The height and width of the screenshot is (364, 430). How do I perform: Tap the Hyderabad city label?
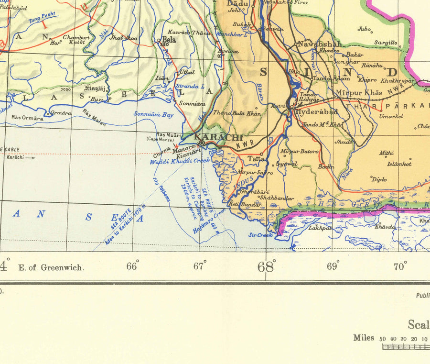tap(317, 111)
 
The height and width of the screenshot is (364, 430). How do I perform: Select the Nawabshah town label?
tap(313, 44)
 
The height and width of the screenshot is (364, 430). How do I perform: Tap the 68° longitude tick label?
tap(267, 266)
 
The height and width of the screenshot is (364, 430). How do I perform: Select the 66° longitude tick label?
tap(132, 266)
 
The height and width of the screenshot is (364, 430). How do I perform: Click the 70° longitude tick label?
tap(400, 266)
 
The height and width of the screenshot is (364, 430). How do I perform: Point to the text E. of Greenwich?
tap(51, 267)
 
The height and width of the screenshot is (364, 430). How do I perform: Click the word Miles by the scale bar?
tap(364, 338)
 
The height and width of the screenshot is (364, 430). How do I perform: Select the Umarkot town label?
tap(391, 116)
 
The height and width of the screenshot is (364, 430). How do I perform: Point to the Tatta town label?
tap(258, 158)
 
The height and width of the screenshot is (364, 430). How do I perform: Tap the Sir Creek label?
tap(260, 235)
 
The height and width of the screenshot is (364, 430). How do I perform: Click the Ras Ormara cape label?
tap(27, 118)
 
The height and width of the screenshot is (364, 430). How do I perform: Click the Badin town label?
tap(327, 166)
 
